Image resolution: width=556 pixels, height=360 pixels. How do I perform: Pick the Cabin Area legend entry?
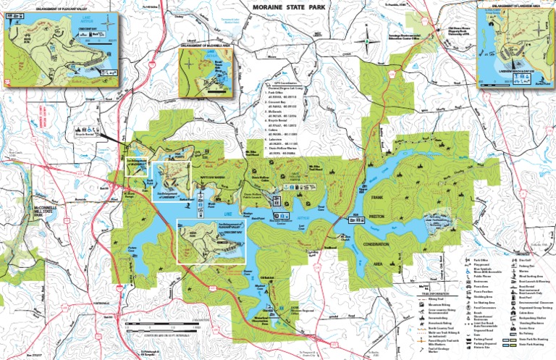click(526, 313)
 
